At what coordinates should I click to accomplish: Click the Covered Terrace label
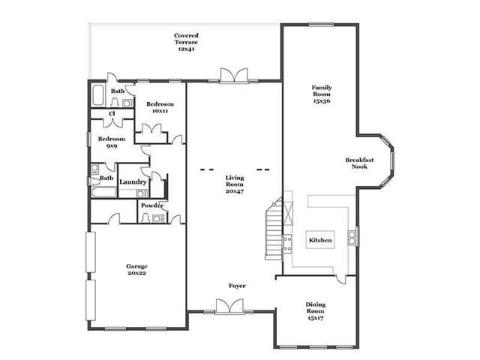[x=186, y=42]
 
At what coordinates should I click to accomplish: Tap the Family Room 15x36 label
[x=322, y=94]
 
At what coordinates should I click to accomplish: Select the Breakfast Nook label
[x=359, y=163]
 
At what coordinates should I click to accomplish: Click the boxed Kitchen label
[x=320, y=240]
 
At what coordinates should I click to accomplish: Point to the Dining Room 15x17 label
[x=316, y=311]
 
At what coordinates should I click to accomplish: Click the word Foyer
[x=237, y=286]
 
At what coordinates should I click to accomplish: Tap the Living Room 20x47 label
[x=235, y=184]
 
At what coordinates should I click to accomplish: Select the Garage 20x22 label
[x=136, y=270]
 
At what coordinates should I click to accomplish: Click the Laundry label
[x=133, y=181]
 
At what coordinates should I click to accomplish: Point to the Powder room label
[x=152, y=205]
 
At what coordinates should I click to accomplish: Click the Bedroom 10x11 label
[x=160, y=107]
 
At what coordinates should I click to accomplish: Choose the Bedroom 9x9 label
[x=112, y=142]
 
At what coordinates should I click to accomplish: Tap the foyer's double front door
[x=229, y=306]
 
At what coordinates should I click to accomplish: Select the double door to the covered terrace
[x=234, y=75]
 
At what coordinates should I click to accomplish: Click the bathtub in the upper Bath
[x=98, y=95]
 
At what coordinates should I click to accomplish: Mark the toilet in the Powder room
[x=145, y=218]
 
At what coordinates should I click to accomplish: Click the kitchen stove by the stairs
[x=287, y=244]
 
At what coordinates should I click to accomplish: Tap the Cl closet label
[x=112, y=113]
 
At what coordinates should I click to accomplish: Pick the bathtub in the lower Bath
[x=103, y=192]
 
